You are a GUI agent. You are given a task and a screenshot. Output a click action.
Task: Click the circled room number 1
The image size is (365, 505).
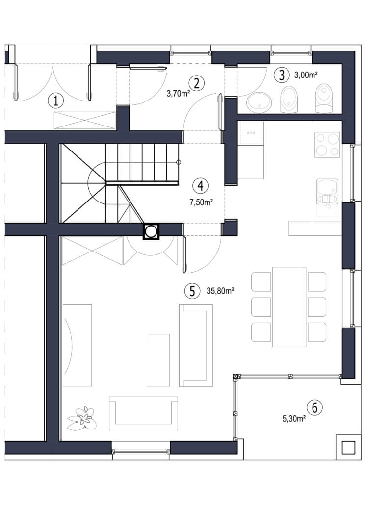pos(56,101)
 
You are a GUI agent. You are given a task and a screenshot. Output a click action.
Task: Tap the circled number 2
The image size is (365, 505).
pos(197,83)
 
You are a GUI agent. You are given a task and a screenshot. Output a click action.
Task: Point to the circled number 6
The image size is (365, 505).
pos(314,407)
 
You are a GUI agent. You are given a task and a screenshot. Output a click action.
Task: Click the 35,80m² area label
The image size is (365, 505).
pos(220,291)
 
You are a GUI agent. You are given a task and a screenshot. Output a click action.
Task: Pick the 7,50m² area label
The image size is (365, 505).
pos(201,202)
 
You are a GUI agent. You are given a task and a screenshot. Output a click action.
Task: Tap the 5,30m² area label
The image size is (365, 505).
pos(294,419)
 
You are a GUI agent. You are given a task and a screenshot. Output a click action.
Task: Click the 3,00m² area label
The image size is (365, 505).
pos(306,76)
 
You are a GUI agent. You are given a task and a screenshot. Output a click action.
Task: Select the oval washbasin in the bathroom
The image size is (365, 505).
pos(259,102)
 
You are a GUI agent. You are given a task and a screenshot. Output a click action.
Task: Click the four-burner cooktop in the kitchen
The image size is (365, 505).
pos(327,145)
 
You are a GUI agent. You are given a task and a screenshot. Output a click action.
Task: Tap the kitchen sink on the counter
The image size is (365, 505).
pos(327,192)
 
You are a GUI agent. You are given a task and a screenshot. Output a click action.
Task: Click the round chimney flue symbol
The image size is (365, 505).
pos(151,231)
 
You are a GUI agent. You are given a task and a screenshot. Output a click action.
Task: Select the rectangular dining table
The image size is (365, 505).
pos(289,306)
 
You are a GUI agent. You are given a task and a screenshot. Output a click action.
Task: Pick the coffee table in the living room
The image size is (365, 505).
pos(158,360)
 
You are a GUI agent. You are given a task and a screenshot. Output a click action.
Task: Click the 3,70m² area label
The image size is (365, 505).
pos(178,94)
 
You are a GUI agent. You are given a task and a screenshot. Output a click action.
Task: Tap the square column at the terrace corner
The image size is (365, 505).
pos(348,447)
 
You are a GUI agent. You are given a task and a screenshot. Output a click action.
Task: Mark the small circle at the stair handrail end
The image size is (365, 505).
pos(179,162)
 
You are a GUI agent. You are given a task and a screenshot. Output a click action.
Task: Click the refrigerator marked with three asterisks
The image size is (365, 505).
pos(251,133)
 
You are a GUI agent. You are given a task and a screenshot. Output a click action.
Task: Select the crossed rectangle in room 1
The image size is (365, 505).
pos(85,121)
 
